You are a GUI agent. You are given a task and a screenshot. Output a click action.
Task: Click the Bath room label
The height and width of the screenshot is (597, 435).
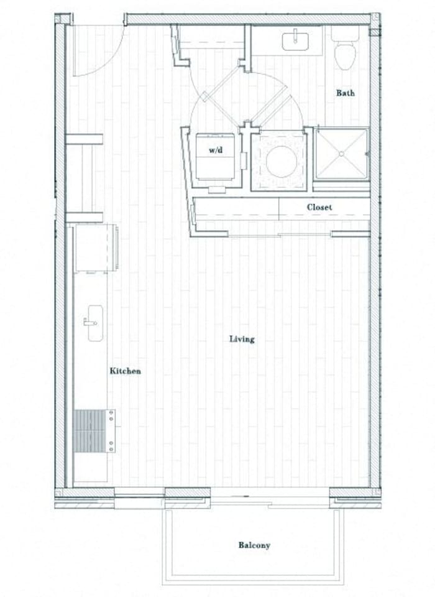coord(346,93)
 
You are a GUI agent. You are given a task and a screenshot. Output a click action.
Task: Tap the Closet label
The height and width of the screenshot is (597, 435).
coord(319,207)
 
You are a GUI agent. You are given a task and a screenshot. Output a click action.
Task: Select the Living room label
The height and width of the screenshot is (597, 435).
coord(242,339)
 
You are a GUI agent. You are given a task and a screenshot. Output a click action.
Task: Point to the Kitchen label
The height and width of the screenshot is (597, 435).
coord(125,371)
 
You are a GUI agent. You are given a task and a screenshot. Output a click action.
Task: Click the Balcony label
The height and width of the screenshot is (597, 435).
coord(254,545)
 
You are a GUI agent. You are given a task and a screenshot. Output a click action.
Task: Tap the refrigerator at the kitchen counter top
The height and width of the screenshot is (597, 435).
coord(94,249)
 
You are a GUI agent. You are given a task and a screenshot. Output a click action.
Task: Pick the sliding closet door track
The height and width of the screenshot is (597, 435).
coord(280,235)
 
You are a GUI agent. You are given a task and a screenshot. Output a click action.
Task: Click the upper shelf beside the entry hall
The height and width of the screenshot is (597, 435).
coord(84,139)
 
